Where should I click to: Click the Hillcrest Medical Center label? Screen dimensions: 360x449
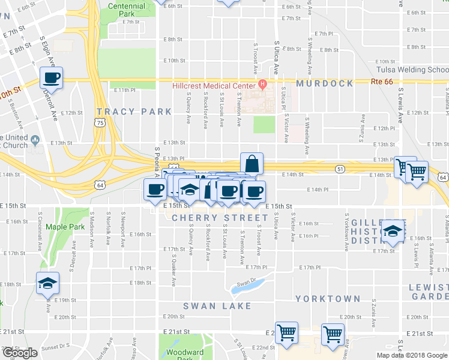pyautogui.click(x=212, y=85)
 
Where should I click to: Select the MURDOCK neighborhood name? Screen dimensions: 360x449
pyautogui.click(x=324, y=84)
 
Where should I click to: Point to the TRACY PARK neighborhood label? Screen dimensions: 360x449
pyautogui.click(x=134, y=112)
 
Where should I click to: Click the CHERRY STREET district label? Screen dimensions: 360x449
pyautogui.click(x=220, y=218)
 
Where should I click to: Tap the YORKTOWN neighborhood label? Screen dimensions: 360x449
pyautogui.click(x=328, y=299)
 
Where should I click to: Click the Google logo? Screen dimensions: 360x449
pyautogui.click(x=20, y=353)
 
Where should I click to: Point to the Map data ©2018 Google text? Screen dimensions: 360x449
pyautogui.click(x=412, y=355)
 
